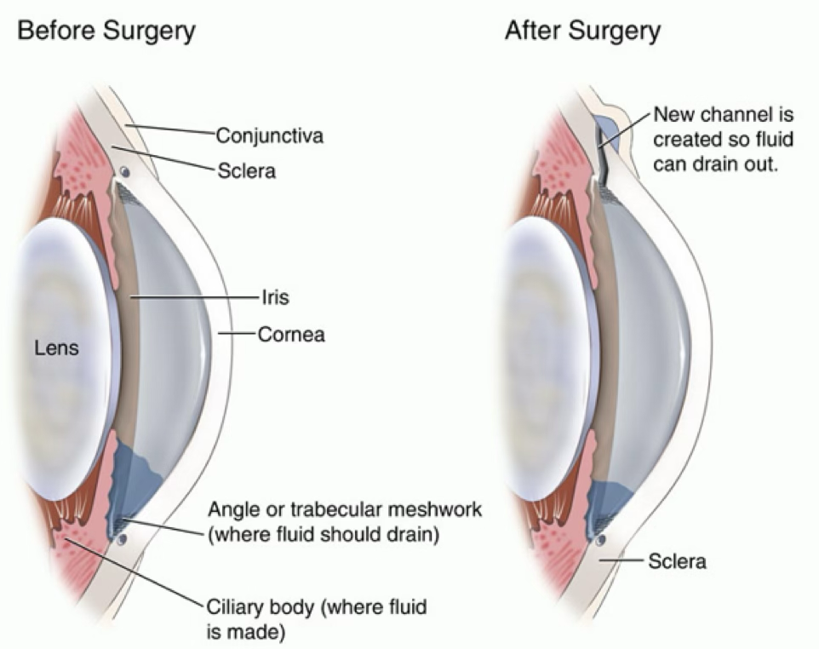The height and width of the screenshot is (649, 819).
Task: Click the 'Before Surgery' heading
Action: (106, 31)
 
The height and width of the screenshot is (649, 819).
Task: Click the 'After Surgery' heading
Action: (582, 31)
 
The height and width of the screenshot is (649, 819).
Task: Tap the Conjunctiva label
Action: (270, 136)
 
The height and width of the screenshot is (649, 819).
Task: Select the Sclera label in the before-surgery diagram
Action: (247, 171)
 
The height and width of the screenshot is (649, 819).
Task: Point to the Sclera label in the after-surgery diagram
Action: (677, 561)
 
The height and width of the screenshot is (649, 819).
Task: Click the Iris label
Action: (275, 297)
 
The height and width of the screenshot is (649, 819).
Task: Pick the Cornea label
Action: (291, 335)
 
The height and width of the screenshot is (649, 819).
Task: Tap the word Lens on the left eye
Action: (56, 348)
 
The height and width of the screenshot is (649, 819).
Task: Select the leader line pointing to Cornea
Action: (238, 333)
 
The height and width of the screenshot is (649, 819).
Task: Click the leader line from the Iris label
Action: (194, 297)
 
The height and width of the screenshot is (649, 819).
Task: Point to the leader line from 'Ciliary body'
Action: (134, 573)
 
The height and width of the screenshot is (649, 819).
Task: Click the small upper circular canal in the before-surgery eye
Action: (124, 172)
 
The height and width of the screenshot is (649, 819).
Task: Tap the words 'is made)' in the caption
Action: (246, 633)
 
